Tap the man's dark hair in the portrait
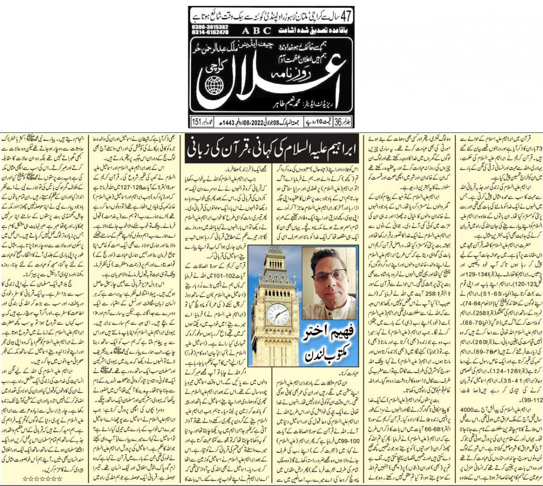[x=330, y=256]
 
